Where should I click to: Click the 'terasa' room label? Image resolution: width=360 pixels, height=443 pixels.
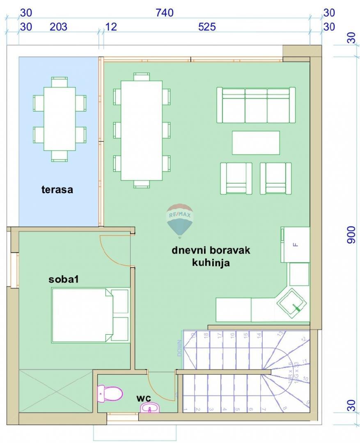point(57,190)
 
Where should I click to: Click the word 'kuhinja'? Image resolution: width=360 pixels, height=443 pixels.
point(211,263)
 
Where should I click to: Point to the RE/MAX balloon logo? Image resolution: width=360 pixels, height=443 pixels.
point(179,220)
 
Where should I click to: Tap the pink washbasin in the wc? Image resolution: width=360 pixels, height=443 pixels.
point(151,408)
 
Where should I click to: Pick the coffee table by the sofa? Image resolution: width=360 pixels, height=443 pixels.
point(256,143)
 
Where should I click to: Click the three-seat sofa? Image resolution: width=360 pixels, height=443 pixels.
point(256,105)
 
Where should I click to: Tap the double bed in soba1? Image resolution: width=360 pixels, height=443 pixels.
point(82,315)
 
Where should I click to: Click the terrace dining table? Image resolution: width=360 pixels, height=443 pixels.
point(60,119)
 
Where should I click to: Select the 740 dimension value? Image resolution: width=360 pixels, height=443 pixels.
point(164,13)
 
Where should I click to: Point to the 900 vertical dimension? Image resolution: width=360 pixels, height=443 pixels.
point(351,235)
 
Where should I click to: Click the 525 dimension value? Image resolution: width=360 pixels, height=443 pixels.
point(206,27)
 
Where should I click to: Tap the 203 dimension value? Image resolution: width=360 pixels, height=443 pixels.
point(58,27)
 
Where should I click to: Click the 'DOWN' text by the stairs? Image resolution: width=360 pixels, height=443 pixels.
point(179,348)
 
